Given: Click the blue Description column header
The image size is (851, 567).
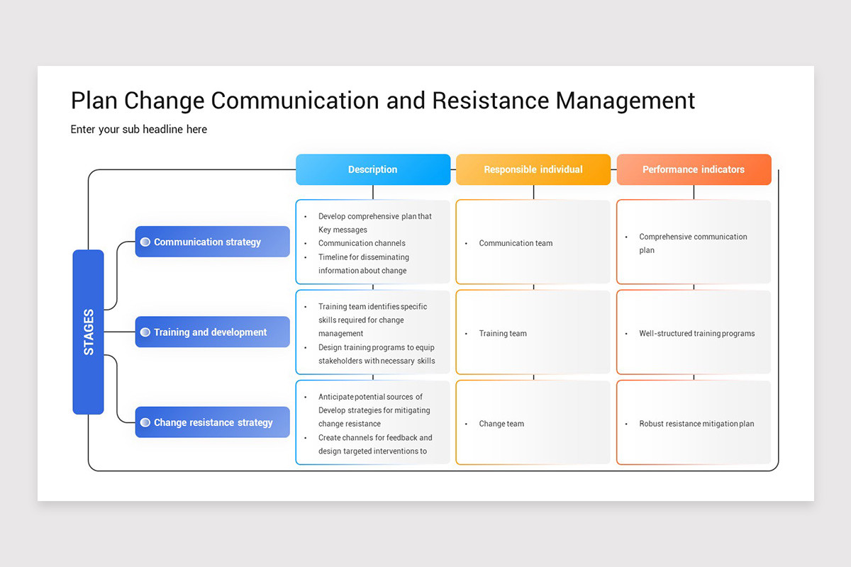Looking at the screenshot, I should coord(373,169).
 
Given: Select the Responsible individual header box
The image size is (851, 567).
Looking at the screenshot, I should coord(533,169).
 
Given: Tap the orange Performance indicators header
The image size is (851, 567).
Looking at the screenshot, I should coord(694,169).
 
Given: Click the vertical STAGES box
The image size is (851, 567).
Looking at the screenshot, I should coord(88,332).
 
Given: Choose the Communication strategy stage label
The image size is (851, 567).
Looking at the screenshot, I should coord(213,242).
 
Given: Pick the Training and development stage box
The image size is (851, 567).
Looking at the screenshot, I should coord(213,332).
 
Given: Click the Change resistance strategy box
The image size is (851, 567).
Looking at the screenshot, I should coord(213,422).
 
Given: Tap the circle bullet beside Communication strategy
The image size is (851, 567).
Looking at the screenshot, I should coord(145,242).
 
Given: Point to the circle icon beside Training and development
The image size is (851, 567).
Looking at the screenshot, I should coord(145,332).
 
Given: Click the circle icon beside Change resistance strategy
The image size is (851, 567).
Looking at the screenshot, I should coord(145,422).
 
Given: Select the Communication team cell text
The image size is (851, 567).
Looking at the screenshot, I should coord(516,243).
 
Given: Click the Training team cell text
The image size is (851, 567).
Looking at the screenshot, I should coord(503,333).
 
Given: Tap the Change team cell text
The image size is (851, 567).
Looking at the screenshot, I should coord(501,424).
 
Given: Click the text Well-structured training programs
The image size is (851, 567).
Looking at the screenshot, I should coord(696,333).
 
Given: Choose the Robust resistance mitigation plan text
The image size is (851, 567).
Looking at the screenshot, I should coord(696,424).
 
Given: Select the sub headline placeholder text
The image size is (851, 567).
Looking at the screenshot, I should coord(139,129).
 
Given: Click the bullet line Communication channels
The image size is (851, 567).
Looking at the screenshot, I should coord(362,243).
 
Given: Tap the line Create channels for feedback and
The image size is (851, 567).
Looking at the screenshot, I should coord(375,437).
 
